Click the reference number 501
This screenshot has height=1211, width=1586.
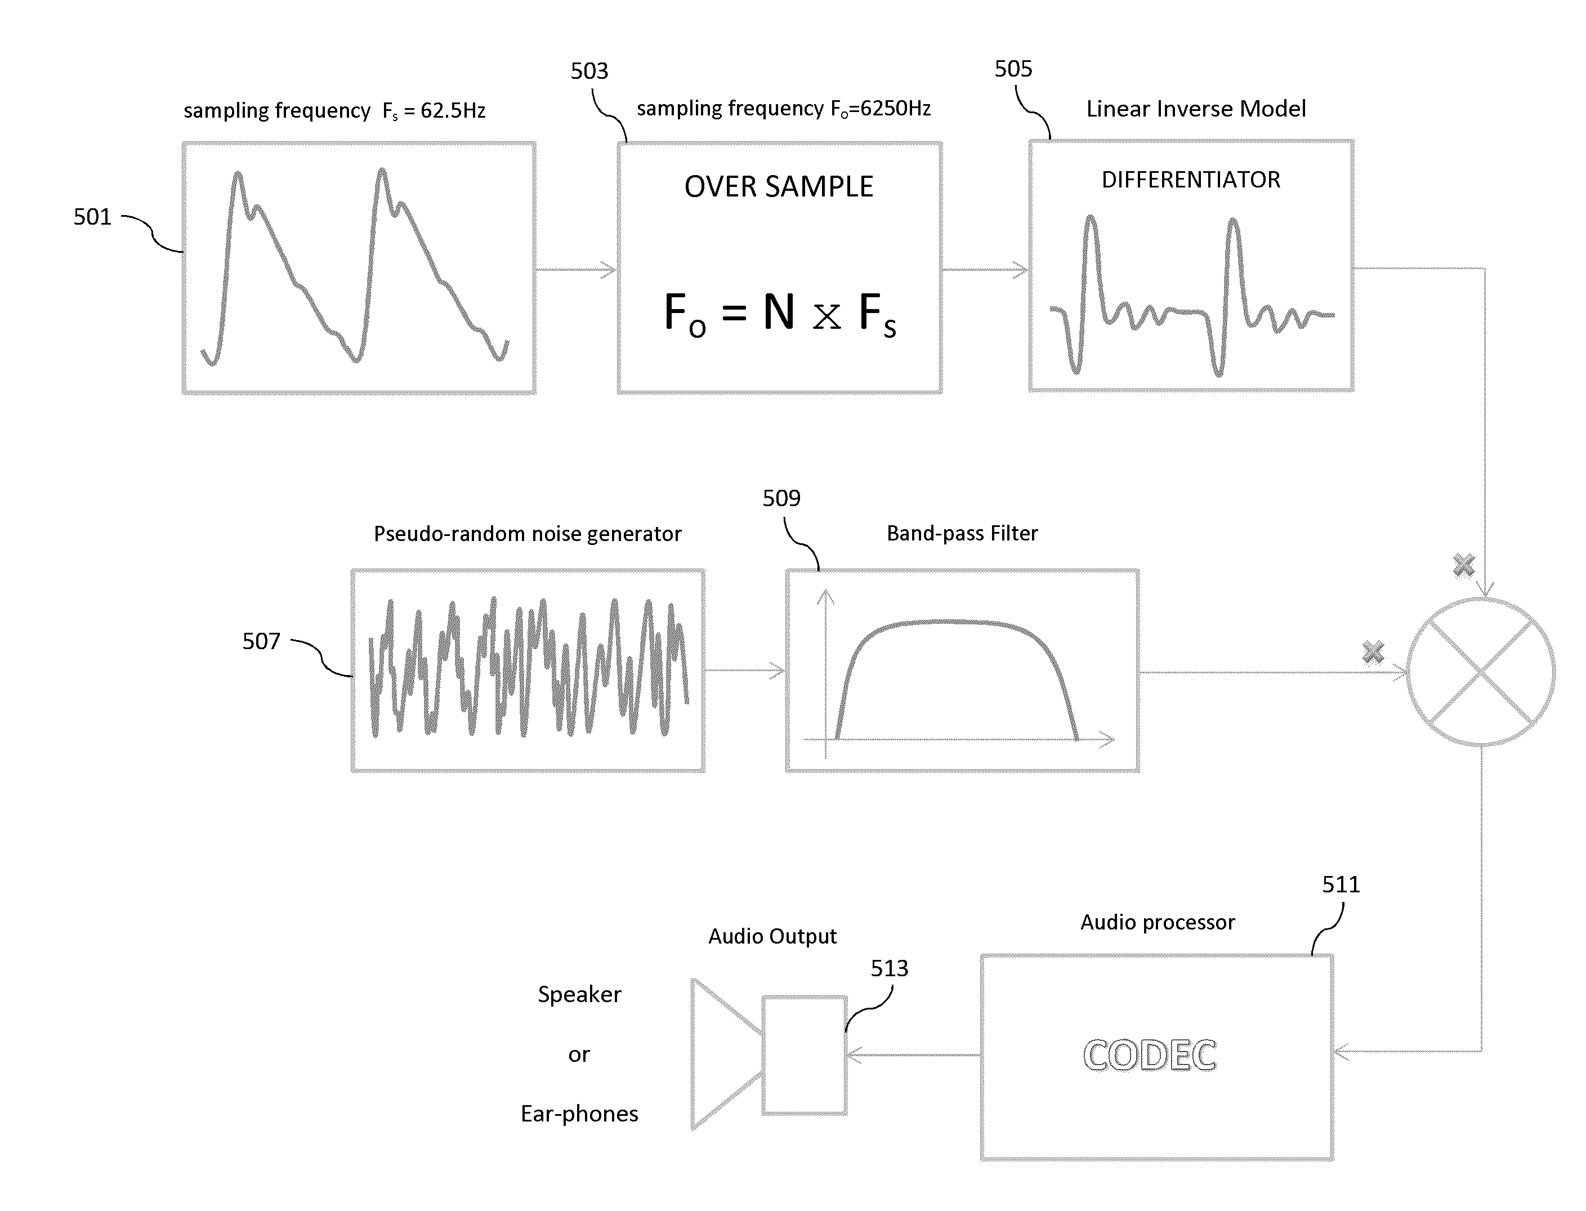(92, 217)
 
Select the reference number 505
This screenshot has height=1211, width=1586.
(1013, 69)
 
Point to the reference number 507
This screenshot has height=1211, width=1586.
(261, 641)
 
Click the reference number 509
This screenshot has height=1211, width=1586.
(781, 498)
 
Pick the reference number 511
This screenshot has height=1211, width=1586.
(1341, 884)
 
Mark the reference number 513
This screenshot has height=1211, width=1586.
(889, 968)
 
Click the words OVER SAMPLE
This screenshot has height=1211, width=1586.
(779, 187)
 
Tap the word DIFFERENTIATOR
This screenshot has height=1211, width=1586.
(1191, 180)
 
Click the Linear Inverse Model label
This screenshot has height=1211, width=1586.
(1196, 109)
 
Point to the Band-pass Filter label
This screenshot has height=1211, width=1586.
(962, 533)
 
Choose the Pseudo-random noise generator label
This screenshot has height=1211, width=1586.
(527, 534)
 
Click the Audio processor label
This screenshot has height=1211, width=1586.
(1157, 923)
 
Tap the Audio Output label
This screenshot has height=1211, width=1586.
(772, 936)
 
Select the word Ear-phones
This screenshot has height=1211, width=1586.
(579, 1114)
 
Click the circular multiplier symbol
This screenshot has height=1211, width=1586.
(1481, 672)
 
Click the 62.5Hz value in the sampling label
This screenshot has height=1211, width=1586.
(453, 111)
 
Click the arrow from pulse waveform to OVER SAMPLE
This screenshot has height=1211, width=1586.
(576, 270)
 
